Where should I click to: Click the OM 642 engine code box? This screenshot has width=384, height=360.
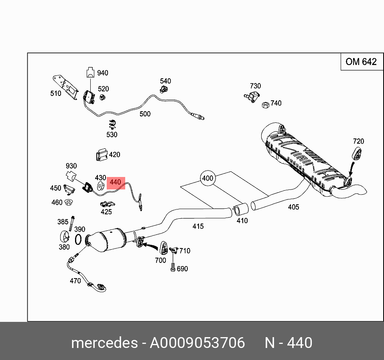(x=361, y=62)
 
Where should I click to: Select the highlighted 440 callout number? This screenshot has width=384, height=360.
(x=115, y=182)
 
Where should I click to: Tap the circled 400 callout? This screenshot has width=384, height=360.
(x=208, y=178)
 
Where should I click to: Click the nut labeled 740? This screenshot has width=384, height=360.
(x=265, y=105)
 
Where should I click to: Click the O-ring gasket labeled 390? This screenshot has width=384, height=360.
(x=79, y=240)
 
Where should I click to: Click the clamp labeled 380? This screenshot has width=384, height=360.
(x=65, y=237)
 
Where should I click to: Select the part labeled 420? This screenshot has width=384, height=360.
(x=101, y=155)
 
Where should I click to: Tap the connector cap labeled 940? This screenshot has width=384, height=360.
(x=91, y=73)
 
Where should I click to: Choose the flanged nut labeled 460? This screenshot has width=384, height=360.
(x=69, y=201)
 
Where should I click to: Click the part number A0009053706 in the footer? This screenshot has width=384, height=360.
(x=197, y=343)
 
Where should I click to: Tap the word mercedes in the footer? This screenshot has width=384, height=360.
(x=104, y=343)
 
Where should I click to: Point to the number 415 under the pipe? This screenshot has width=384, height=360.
(x=198, y=226)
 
